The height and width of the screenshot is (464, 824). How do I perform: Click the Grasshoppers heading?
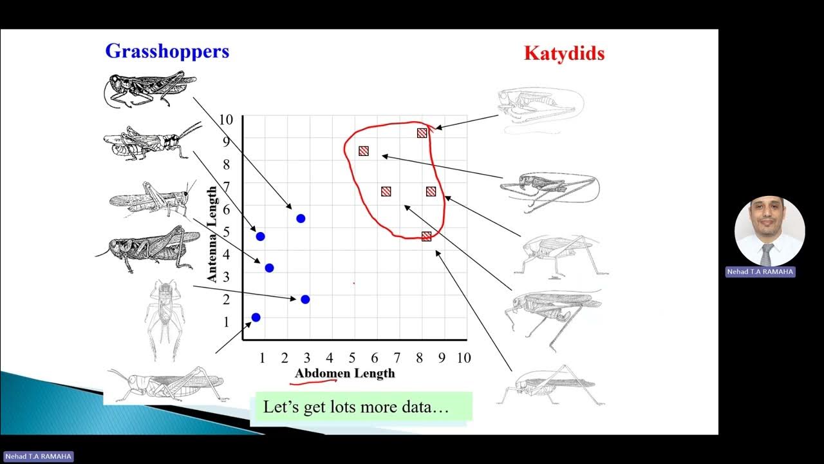(167, 51)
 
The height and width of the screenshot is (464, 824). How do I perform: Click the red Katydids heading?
(564, 53)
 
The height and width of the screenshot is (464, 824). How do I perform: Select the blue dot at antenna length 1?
(256, 317)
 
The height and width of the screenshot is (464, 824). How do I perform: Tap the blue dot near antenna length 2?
(305, 299)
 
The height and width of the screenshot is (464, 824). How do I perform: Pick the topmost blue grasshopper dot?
(301, 218)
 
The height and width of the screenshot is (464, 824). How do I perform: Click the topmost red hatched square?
(422, 133)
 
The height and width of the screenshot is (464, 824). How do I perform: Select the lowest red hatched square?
(426, 237)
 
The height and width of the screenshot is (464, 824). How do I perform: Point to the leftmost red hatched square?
(364, 151)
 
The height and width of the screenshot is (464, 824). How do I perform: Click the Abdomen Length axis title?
(344, 373)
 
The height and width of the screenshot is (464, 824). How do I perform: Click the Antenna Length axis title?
(212, 233)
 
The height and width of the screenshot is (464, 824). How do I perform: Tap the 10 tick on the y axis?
(225, 119)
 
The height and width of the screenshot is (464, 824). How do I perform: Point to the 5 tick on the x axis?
(351, 358)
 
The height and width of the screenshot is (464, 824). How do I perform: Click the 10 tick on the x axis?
(464, 358)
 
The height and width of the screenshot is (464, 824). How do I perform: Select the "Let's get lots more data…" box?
(360, 407)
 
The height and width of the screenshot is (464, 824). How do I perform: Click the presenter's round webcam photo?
(769, 231)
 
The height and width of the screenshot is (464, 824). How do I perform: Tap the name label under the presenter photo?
(760, 272)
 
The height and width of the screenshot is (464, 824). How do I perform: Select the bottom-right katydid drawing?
(550, 386)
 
